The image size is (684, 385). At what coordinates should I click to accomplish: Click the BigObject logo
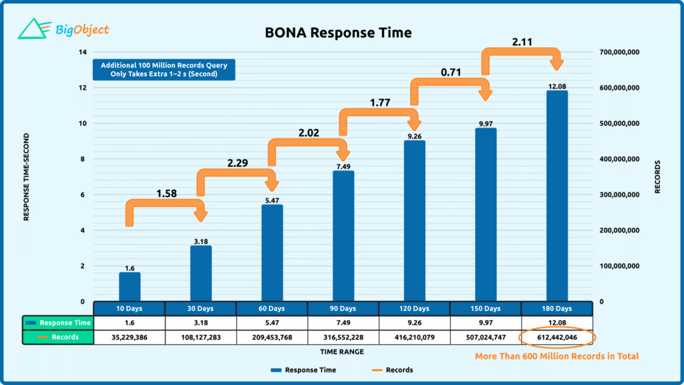pyautogui.click(x=63, y=29)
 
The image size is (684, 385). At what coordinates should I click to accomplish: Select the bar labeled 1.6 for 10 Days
pyautogui.click(x=130, y=287)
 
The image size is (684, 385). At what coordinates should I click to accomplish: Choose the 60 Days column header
pyautogui.click(x=272, y=309)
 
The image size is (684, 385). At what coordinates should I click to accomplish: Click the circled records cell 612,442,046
pyautogui.click(x=556, y=338)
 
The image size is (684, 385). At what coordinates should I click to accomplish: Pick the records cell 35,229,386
pyautogui.click(x=130, y=338)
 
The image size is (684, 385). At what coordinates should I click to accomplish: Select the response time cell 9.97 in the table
pyautogui.click(x=486, y=323)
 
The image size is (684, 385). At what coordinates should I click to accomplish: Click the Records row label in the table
pyautogui.click(x=58, y=338)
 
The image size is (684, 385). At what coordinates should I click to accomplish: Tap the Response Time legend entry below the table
pyautogui.click(x=304, y=370)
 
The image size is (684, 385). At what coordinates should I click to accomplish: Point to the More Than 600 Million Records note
pyautogui.click(x=556, y=356)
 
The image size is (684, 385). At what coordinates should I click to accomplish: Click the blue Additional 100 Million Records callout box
pyautogui.click(x=164, y=70)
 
